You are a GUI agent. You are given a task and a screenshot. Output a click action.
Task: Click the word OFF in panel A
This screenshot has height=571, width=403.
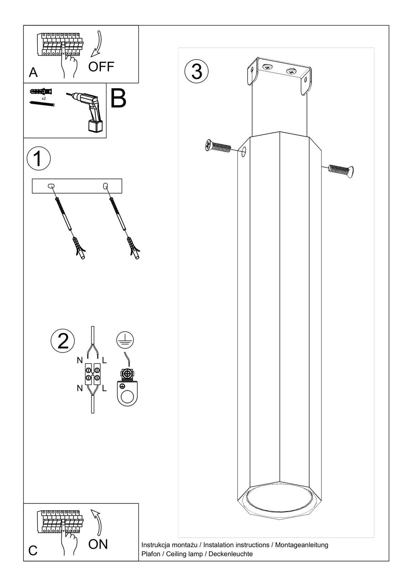(x=101, y=67)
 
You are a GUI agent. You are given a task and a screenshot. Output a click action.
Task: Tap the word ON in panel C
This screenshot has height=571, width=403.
(x=98, y=544)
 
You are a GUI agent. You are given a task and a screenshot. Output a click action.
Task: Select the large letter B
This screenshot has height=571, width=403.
(x=118, y=98)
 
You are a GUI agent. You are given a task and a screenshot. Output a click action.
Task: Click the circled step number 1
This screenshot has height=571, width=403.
(x=39, y=158)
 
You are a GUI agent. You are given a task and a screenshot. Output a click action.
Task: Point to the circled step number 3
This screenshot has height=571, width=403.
(x=197, y=72)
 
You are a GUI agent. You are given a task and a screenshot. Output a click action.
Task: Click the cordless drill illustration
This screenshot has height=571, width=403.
(x=87, y=112)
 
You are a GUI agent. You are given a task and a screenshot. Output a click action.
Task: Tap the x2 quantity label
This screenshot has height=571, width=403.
(x=44, y=98)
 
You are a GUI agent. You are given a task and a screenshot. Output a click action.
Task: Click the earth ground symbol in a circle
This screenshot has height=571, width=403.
(x=125, y=340)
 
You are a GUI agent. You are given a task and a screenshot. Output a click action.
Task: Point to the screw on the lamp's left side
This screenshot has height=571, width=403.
(x=218, y=146)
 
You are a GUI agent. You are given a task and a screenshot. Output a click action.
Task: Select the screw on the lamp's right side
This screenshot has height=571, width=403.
(x=341, y=170)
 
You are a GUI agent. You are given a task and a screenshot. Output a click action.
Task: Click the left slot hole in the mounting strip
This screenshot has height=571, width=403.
(x=51, y=186)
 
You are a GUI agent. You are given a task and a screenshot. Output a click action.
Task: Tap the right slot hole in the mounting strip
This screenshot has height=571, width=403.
(x=105, y=186)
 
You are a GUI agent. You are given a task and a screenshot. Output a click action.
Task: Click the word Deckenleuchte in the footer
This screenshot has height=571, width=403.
(x=230, y=554)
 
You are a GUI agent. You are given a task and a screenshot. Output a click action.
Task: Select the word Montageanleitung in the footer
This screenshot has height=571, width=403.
(x=302, y=545)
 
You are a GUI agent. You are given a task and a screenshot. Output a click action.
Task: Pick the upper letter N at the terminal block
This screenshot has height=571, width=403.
(x=80, y=360)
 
